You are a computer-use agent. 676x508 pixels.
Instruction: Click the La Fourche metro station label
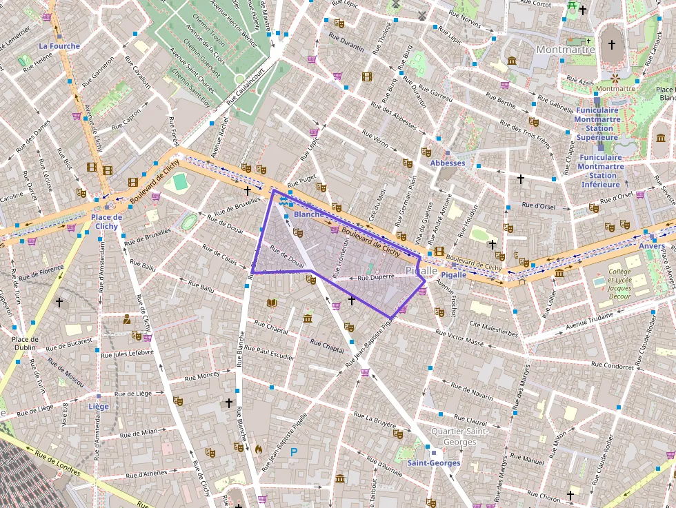[x=59, y=46]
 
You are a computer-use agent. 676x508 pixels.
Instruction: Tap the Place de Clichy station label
[x=106, y=221]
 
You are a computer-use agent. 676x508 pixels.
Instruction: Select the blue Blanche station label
[x=308, y=214]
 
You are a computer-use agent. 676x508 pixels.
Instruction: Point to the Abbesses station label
[x=448, y=163]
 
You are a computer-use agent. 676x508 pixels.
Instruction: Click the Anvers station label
[x=652, y=246]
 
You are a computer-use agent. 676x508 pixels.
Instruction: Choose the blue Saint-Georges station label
[x=433, y=463]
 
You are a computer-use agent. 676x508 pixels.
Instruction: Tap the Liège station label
[x=99, y=407]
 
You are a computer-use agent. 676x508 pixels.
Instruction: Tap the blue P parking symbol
[x=294, y=452]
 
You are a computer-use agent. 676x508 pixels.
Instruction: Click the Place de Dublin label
[x=25, y=343]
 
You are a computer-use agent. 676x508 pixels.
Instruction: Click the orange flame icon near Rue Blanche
[x=259, y=448]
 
